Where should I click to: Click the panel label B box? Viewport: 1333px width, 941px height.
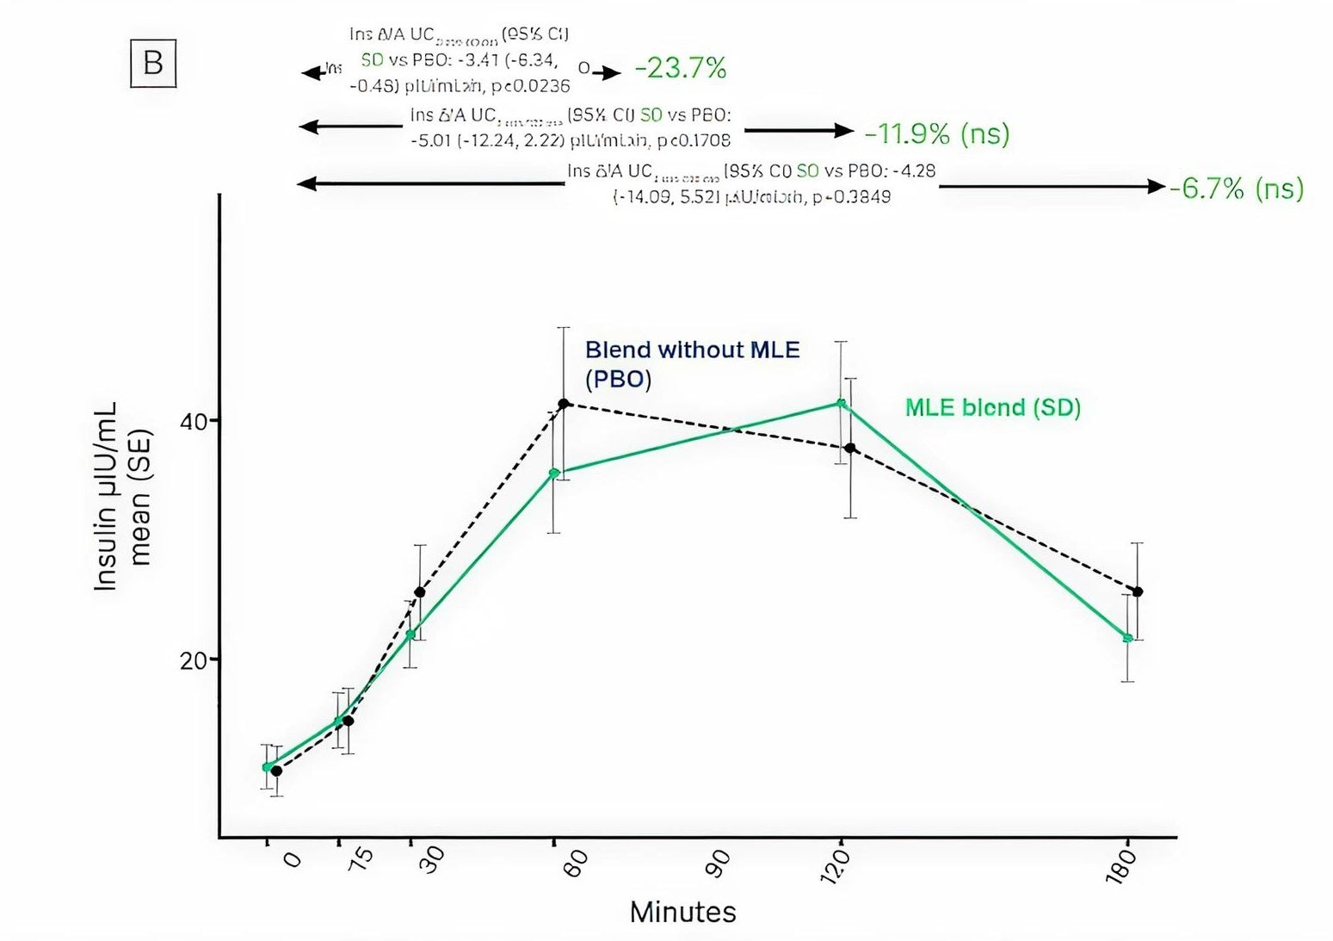click(153, 64)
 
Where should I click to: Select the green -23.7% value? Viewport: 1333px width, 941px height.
click(680, 68)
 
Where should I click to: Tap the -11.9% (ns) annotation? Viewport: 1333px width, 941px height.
click(936, 133)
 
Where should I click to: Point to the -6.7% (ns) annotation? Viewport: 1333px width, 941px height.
click(1237, 188)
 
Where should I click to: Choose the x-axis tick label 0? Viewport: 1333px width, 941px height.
click(292, 860)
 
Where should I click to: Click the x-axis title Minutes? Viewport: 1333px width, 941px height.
click(682, 912)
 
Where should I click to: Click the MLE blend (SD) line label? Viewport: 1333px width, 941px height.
click(992, 407)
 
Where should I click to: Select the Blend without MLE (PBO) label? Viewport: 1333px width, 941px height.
click(692, 364)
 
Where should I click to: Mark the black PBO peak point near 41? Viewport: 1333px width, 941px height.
click(564, 403)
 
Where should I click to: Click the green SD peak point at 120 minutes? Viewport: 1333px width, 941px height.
click(841, 403)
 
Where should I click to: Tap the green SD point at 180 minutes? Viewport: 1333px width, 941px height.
click(1127, 638)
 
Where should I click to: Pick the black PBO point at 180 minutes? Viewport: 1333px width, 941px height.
click(1138, 591)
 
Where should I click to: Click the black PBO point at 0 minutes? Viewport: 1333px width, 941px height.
click(276, 771)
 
